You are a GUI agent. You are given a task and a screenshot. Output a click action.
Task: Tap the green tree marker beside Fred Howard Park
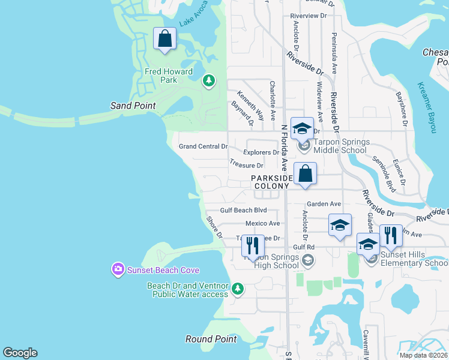tap(209, 80)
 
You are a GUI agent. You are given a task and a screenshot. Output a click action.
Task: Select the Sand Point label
tap(133, 106)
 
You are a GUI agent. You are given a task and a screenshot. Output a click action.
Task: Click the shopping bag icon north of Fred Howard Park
tap(165, 39)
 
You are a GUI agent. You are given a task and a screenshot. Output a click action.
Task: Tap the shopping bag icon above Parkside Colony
tap(306, 173)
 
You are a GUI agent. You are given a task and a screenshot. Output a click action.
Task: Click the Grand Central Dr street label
tap(203, 146)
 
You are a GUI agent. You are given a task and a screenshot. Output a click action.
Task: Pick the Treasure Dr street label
tap(247, 165)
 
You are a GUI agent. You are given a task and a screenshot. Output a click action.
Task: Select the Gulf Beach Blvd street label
tap(243, 210)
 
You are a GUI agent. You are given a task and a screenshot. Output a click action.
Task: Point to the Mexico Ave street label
tap(262, 223)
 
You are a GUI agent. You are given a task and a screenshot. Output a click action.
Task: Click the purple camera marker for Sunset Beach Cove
tap(118, 270)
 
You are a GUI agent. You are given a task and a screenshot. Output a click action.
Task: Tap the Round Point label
tap(211, 339)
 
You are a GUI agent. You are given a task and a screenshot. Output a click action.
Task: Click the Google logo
tap(20, 353)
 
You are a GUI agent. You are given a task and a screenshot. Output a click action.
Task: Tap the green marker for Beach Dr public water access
tap(238, 290)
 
